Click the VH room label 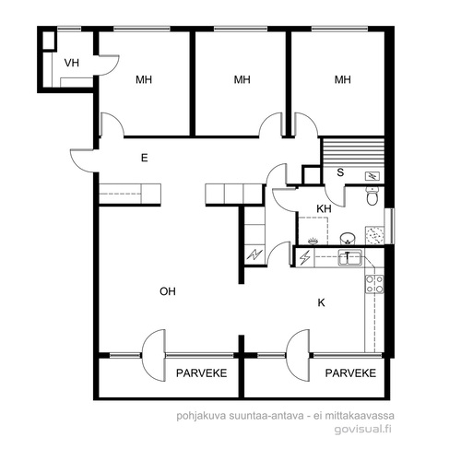[72, 63]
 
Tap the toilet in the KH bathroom [372, 195]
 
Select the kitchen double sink [350, 257]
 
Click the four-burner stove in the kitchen [374, 284]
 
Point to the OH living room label [168, 291]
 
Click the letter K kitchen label [321, 303]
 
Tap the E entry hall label [144, 158]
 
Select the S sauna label [340, 172]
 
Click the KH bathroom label [324, 209]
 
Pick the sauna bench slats [352, 152]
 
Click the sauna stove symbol [372, 176]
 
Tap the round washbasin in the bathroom [348, 238]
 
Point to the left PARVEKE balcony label [201, 373]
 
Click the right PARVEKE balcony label [350, 373]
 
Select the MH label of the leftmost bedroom [144, 80]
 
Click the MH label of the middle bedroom [242, 80]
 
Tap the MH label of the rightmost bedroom [343, 80]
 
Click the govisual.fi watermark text [363, 429]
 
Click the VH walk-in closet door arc [112, 69]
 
